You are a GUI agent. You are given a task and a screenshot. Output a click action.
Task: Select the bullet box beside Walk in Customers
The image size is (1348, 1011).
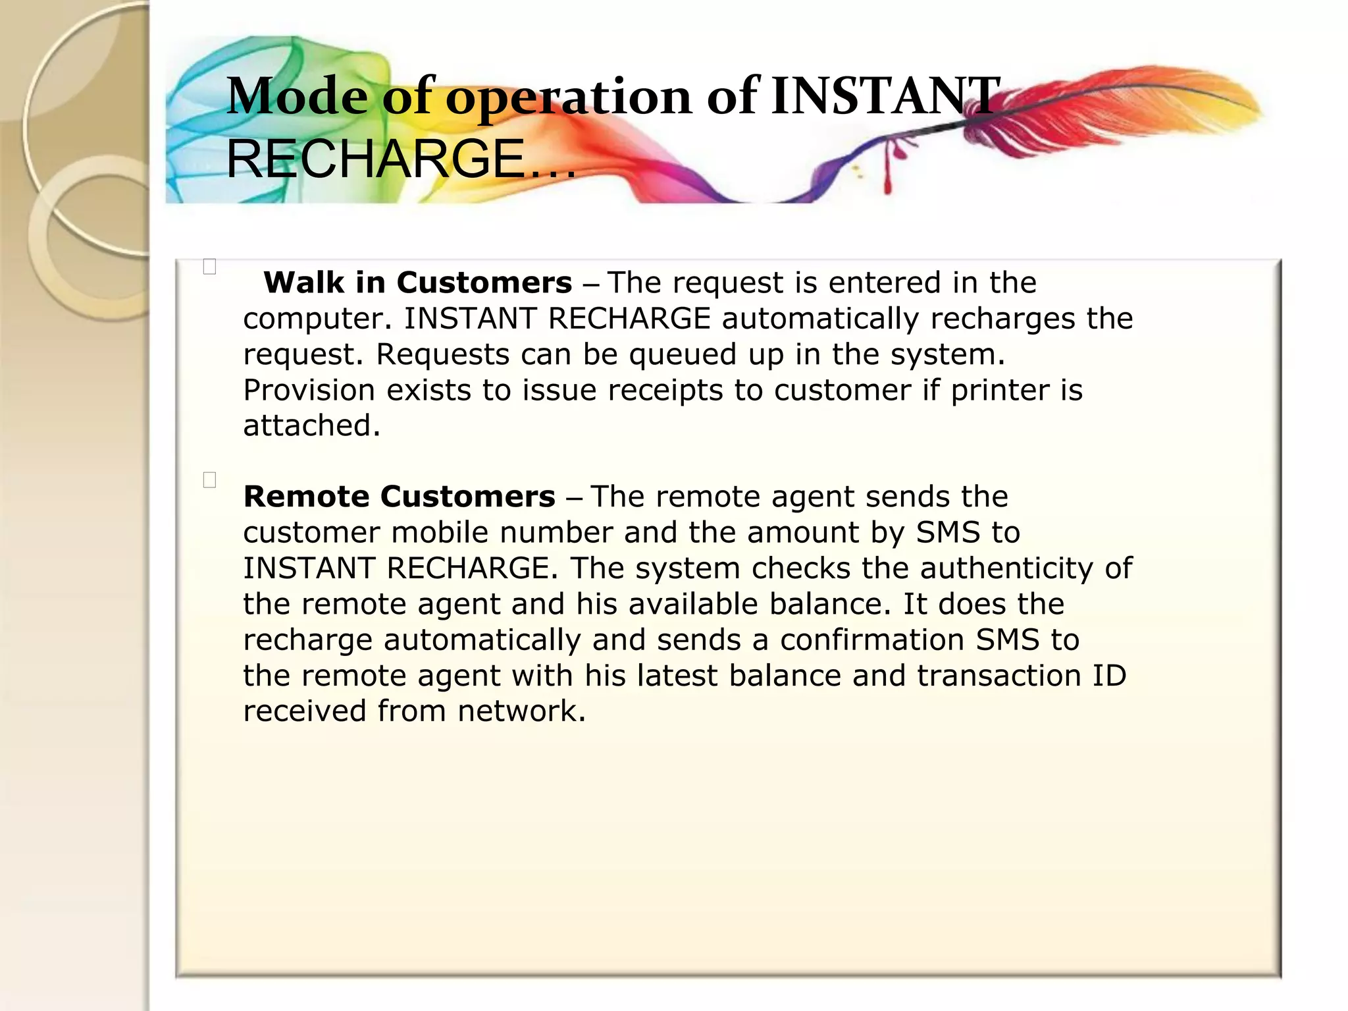pos(210,267)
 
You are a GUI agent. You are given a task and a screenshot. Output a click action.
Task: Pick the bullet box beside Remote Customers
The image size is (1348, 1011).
pos(210,480)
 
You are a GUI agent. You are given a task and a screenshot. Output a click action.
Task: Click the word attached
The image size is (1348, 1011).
pos(311,426)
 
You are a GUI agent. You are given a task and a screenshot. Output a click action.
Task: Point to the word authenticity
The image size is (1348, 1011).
pos(1006,568)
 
